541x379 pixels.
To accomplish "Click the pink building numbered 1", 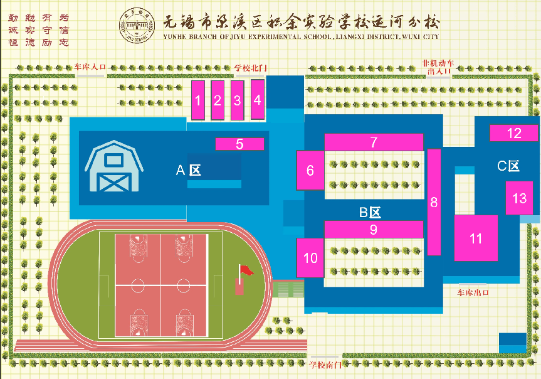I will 198,100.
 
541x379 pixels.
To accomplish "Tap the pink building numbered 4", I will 257,99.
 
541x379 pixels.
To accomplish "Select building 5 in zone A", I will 239,144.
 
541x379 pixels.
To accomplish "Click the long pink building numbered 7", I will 373,142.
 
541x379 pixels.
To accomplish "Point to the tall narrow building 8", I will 434,202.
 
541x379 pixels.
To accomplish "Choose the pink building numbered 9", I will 373,230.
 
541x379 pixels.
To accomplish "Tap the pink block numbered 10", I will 310,258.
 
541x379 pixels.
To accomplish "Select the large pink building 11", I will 476,238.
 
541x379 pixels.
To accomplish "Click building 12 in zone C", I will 513,133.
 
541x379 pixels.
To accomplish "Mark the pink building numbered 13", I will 519,198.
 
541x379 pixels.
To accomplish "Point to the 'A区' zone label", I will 188,170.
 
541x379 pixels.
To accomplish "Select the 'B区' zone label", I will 370,212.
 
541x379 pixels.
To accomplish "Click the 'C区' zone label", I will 508,166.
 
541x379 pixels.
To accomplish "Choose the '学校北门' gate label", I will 251,67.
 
